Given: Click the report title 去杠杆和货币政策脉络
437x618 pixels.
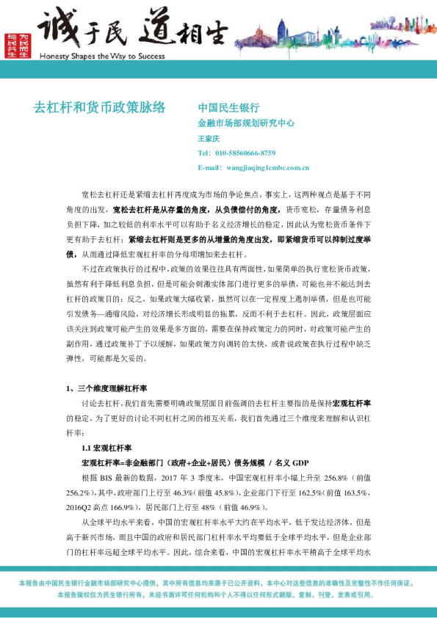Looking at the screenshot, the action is click(100, 107).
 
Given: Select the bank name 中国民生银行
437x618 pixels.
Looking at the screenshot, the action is click(229, 107).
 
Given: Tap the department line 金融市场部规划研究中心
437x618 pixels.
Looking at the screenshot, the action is click(246, 123).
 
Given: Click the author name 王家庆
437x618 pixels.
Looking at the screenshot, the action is click(209, 138).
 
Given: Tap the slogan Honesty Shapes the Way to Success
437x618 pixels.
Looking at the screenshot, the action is click(101, 56).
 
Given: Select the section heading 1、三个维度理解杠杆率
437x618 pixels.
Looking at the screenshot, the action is click(108, 388).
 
